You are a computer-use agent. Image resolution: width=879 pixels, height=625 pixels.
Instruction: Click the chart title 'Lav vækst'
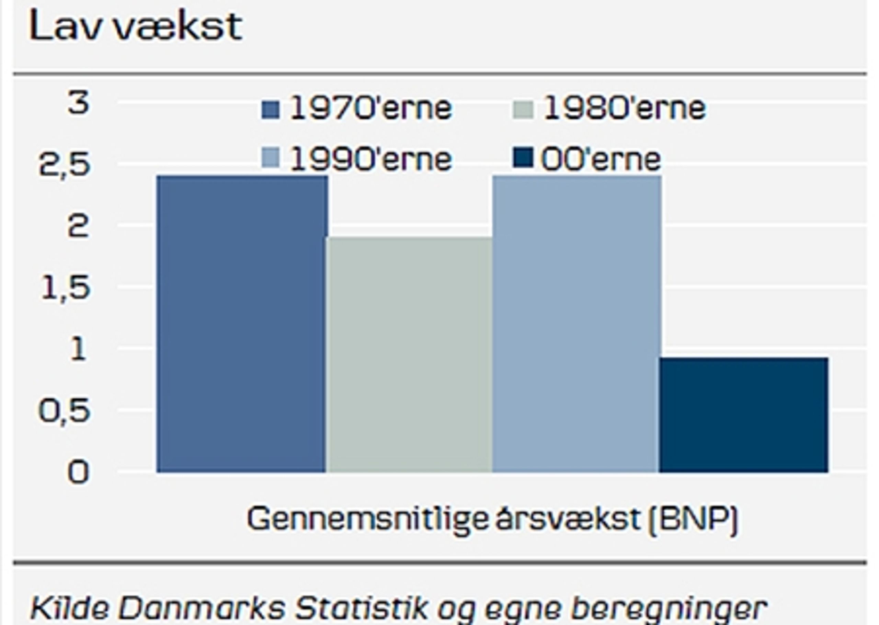click(x=135, y=26)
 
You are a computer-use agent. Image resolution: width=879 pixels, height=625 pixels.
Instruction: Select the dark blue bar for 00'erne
click(x=743, y=415)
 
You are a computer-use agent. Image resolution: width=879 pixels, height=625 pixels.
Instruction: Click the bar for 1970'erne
click(x=242, y=324)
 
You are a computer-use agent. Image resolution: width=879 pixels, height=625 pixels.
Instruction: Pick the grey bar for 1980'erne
click(x=409, y=355)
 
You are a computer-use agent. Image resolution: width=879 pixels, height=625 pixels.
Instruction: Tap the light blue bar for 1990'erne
click(x=576, y=324)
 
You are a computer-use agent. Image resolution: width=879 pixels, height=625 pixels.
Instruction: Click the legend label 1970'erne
click(x=370, y=108)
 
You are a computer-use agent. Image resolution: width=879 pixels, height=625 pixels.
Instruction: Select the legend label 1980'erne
click(x=624, y=108)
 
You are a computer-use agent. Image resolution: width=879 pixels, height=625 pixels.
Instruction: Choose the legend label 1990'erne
click(x=370, y=159)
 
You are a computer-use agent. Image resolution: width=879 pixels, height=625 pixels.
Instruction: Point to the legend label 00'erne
click(x=601, y=159)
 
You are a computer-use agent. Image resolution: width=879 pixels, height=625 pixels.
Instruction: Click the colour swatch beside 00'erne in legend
click(x=523, y=158)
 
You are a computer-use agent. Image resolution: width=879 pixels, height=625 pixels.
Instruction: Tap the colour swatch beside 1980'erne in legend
click(x=523, y=109)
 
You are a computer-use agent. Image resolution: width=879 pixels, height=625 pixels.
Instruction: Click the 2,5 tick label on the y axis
click(x=65, y=165)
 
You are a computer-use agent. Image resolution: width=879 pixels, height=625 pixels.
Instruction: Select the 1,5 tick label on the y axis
click(x=65, y=287)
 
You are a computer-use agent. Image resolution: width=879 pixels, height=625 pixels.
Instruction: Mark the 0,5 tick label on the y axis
click(x=65, y=411)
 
